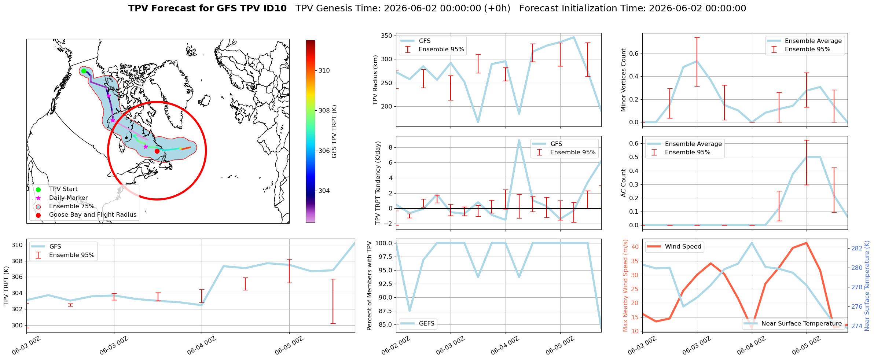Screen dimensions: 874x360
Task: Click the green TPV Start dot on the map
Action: coord(84,71)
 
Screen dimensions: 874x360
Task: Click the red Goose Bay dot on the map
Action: coord(157,151)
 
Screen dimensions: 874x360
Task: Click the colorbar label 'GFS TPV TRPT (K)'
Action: coord(334,132)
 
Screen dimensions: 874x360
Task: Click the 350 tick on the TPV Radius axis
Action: coord(387,36)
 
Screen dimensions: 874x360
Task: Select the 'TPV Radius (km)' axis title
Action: coord(375,80)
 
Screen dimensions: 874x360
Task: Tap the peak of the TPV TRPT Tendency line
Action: coord(519,140)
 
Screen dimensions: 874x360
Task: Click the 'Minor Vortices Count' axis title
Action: coord(624,80)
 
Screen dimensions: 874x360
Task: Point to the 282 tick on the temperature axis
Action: coord(857,248)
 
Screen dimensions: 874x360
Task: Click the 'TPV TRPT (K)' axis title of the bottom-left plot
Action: coord(6,286)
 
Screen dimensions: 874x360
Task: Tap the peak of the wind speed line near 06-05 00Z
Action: coord(806,243)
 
